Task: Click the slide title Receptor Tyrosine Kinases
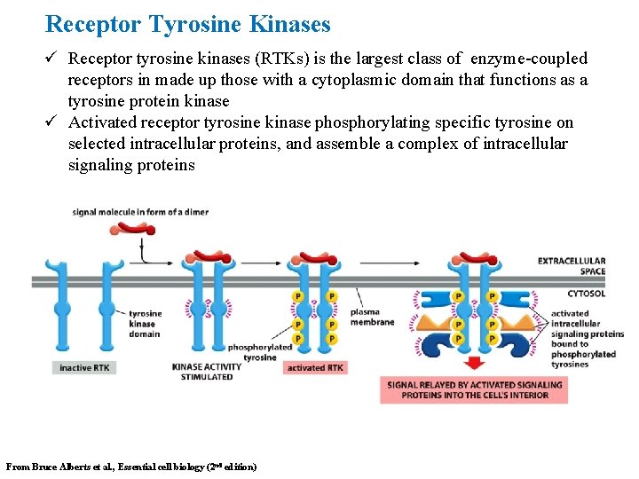tap(187, 24)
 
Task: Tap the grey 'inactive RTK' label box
tap(84, 367)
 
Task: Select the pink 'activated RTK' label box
tap(315, 367)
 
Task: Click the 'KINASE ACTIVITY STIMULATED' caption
tap(201, 372)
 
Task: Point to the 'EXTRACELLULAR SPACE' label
tap(571, 266)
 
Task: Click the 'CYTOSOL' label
tap(586, 294)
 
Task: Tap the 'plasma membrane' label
tap(372, 317)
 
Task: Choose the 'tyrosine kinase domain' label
tap(145, 323)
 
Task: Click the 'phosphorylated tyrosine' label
tap(260, 352)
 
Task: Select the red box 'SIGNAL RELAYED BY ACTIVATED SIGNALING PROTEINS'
tap(474, 389)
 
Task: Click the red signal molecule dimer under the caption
tap(136, 229)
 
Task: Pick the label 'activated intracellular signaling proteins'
tap(587, 324)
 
